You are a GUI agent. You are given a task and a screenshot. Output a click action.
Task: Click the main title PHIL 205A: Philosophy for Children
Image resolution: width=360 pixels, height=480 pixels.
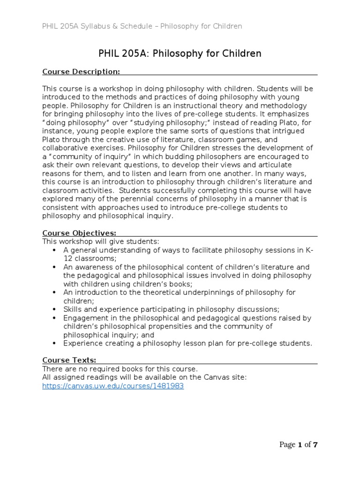pyautogui.click(x=180, y=54)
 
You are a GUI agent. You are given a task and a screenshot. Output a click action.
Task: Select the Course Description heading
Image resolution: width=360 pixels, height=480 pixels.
pyautogui.click(x=81, y=71)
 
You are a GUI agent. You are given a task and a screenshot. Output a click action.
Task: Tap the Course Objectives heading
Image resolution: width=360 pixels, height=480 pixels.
pyautogui.click(x=79, y=233)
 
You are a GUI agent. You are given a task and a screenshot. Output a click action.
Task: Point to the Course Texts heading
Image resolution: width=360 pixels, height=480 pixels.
pyautogui.click(x=69, y=360)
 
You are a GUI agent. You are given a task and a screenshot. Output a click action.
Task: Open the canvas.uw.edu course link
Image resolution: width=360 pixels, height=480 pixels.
pyautogui.click(x=113, y=386)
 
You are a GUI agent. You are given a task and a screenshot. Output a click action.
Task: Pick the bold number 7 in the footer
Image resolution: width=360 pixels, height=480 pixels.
pyautogui.click(x=315, y=445)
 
